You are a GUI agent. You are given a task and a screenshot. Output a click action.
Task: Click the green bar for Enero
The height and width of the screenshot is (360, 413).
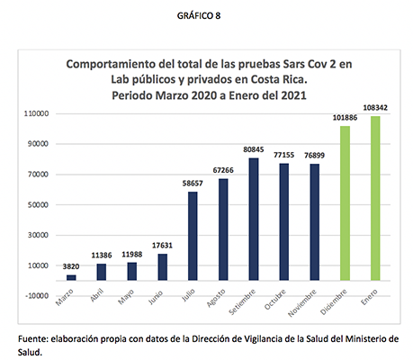375,198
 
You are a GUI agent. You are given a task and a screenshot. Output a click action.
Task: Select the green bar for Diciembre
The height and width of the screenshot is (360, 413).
345,203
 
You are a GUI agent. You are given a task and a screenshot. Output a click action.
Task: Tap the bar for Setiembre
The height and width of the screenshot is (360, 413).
254,220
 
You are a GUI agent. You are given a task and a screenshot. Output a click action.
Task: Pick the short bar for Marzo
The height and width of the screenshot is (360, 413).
71,277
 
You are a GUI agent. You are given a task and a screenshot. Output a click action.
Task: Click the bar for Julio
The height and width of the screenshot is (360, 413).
193,236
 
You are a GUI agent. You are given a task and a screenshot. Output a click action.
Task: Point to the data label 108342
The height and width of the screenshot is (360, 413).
375,108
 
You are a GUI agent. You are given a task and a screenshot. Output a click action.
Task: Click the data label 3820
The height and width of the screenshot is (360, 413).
71,266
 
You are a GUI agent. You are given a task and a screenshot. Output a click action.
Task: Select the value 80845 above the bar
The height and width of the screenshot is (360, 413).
254,149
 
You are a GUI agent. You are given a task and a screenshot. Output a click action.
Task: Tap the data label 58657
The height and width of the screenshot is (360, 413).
193,184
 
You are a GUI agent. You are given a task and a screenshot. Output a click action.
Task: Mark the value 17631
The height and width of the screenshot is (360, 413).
162,246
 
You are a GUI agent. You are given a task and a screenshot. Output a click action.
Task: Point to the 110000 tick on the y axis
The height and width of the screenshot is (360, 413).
36,114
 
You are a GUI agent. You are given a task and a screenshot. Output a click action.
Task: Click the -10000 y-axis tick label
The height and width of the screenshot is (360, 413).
37,296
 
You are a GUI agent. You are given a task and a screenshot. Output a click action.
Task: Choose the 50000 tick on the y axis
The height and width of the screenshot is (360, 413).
38,205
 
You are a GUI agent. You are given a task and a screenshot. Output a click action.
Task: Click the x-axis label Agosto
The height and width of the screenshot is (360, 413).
216,298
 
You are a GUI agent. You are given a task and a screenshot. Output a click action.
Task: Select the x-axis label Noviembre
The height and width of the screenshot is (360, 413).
302,303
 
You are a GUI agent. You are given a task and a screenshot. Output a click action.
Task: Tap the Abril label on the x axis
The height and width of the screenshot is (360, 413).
97,295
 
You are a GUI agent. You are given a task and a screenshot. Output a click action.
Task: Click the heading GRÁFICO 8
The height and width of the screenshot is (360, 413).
199,16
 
